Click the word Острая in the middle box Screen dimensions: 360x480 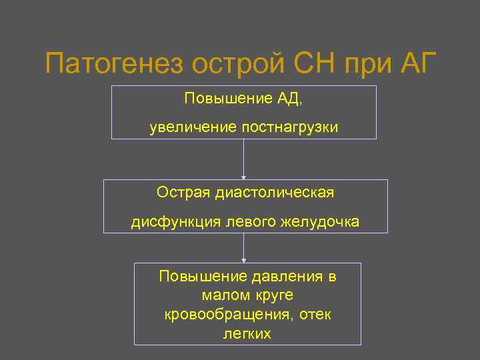coord(183,193)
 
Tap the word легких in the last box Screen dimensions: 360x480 coord(247,333)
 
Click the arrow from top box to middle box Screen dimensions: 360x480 coord(244,159)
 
